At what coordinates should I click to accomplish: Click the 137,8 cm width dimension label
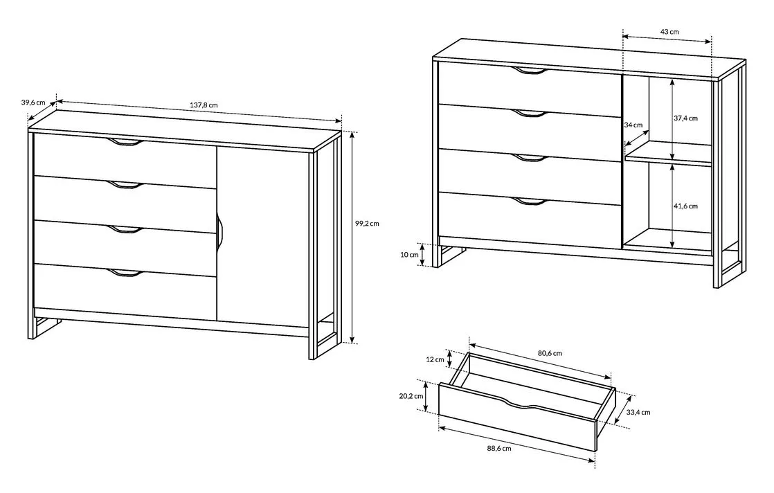tap(204, 105)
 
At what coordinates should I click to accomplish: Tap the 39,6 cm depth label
tap(33, 102)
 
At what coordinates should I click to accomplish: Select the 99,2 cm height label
tap(367, 223)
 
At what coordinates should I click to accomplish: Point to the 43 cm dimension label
tap(669, 32)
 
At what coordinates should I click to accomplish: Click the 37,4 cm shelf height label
tap(685, 118)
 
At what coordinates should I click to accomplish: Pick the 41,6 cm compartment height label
tap(685, 206)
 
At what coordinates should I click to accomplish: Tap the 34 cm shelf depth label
tap(633, 125)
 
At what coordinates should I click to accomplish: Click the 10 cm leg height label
tap(409, 255)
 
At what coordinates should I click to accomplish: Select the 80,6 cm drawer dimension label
tap(550, 353)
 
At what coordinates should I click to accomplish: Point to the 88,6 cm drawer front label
tap(499, 448)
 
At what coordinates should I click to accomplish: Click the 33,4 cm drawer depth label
tap(638, 412)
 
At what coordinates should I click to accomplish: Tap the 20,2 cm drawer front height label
tap(411, 396)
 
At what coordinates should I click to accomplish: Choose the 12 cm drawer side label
tap(435, 359)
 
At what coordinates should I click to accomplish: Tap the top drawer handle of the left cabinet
tap(125, 143)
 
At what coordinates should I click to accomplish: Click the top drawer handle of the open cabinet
tap(530, 71)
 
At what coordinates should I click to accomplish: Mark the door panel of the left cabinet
tap(263, 237)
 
